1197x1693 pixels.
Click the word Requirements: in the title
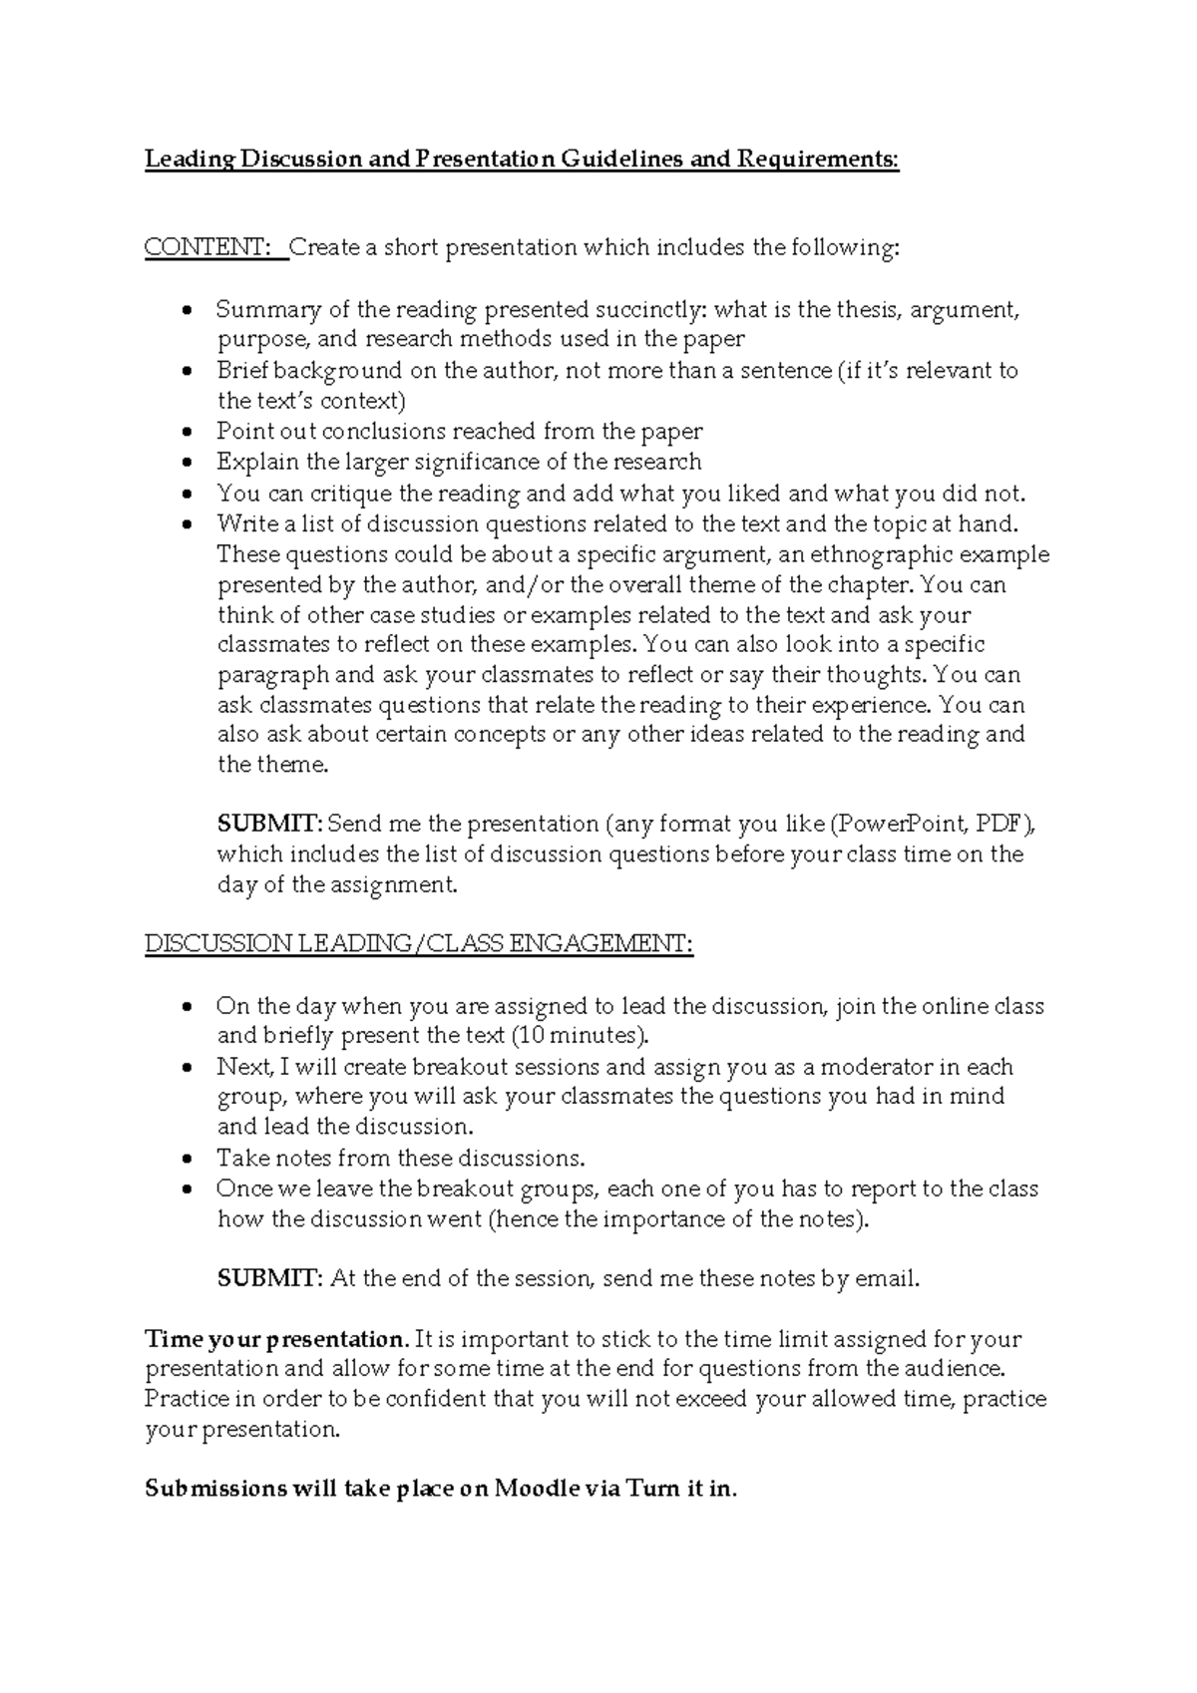tap(818, 160)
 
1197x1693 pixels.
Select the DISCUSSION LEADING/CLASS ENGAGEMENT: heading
tap(418, 943)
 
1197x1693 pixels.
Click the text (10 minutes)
tap(579, 1034)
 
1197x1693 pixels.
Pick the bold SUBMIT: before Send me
tap(269, 825)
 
